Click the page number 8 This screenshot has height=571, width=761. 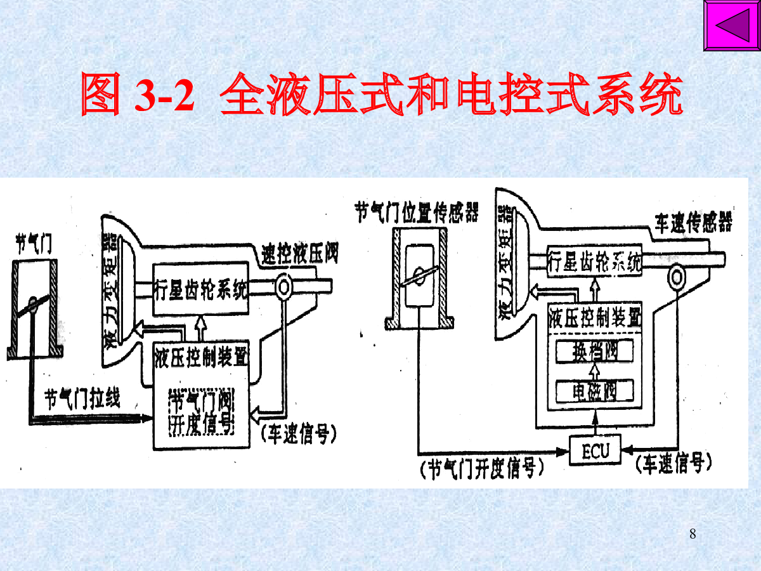693,534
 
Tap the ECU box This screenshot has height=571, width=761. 595,450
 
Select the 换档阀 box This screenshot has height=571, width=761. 594,351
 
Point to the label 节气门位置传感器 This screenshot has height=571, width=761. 417,212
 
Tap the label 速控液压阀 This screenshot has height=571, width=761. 299,254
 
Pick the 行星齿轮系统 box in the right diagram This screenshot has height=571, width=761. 594,261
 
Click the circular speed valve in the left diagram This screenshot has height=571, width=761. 283,288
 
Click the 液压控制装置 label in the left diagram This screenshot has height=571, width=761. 200,358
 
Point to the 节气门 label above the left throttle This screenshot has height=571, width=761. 34,244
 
